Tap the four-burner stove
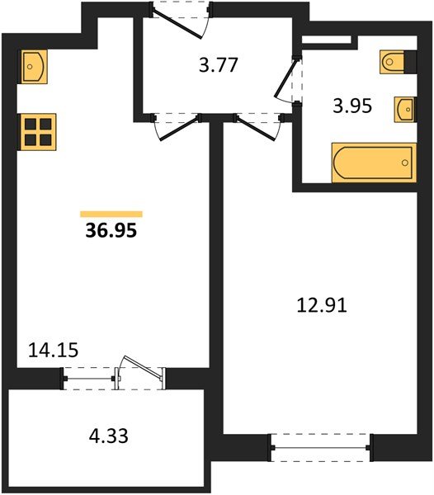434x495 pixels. point(37,130)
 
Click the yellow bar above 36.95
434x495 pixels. point(111,214)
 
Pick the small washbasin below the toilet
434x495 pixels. point(405,108)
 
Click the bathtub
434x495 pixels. point(372,163)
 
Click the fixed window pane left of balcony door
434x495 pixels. point(89,378)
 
